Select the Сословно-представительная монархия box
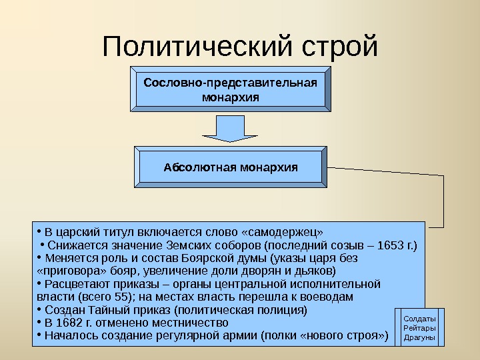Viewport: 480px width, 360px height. [x=230, y=90]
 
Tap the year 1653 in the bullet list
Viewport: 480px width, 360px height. [x=387, y=245]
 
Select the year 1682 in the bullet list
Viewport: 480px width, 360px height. [x=70, y=323]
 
